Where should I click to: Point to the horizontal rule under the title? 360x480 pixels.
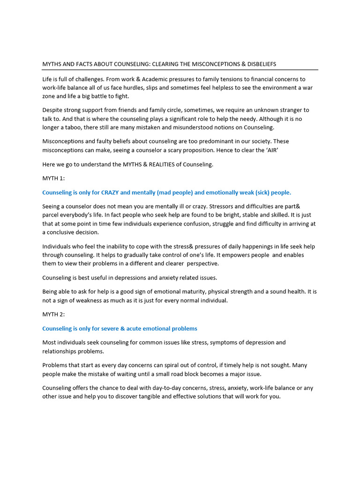point(180,70)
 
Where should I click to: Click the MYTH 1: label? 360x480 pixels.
point(53,178)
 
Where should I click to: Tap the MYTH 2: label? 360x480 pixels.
point(53,315)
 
